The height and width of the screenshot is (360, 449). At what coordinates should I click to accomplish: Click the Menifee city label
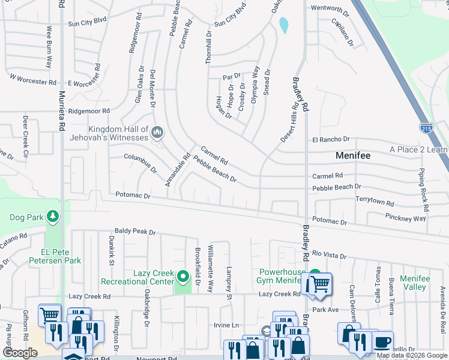(x=352, y=155)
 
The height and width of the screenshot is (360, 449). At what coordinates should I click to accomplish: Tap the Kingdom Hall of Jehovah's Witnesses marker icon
(x=157, y=131)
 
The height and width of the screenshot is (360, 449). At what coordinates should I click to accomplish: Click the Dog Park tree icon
(x=53, y=216)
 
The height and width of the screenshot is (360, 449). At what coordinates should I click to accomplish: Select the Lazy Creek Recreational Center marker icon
(x=183, y=277)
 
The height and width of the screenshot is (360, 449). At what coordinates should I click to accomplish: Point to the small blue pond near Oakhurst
(x=283, y=25)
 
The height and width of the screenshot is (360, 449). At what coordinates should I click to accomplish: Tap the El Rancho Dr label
(x=330, y=140)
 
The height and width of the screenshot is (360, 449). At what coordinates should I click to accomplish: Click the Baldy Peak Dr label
(x=135, y=232)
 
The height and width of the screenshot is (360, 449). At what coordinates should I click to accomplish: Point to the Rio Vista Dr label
(x=330, y=256)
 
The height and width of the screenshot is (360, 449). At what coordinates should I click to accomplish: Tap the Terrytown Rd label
(x=375, y=201)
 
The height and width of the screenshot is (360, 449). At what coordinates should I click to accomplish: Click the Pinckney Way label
(x=406, y=218)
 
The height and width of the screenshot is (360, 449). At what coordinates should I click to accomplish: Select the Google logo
(x=19, y=353)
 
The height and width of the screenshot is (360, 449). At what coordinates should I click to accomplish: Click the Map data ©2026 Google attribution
(x=412, y=355)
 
